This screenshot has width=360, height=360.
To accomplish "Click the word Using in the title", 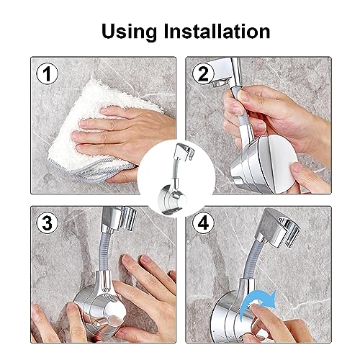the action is [x=129, y=32].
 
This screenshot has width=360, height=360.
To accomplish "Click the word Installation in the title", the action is [x=217, y=31].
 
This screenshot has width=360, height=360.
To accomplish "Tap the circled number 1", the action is [x=47, y=73].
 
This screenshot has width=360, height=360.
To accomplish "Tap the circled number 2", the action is [x=203, y=73].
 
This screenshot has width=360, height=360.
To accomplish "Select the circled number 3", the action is [x=47, y=223].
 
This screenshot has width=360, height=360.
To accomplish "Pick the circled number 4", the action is [x=203, y=223].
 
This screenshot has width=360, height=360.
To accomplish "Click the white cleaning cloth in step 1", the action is [x=96, y=130].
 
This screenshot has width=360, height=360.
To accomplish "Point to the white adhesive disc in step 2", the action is [x=279, y=163].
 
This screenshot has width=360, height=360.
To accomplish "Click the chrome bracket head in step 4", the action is [x=279, y=228].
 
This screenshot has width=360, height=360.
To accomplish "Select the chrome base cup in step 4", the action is [x=230, y=317].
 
